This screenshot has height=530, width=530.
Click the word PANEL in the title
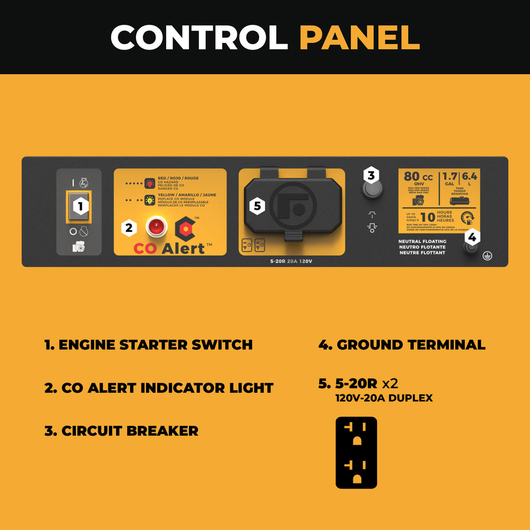359,37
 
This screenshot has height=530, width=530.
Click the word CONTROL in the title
199,37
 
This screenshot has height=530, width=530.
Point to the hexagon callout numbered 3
370,175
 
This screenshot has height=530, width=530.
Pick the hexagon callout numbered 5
257,206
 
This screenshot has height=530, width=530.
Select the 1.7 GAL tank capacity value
450,178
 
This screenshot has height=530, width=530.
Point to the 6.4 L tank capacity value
470,178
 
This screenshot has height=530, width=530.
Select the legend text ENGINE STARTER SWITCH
148,344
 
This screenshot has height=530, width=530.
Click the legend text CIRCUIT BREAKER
121,430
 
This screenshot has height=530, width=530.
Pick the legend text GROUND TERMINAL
402,344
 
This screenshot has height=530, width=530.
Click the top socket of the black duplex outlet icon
356,433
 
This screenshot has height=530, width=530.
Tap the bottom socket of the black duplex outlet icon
356,471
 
